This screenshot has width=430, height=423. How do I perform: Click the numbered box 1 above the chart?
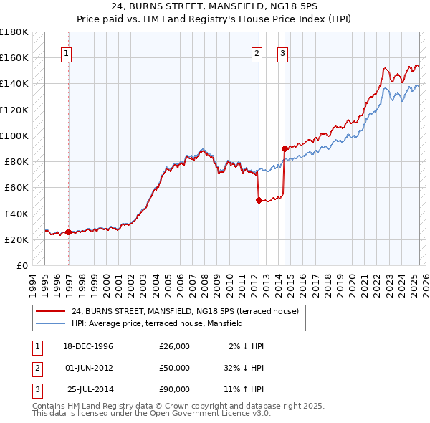tap(65, 52)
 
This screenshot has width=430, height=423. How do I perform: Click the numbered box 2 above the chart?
tap(257, 52)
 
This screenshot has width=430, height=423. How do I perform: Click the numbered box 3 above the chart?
tap(282, 52)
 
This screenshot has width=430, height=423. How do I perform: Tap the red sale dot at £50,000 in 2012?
tap(259, 201)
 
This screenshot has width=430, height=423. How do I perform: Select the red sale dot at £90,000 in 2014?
tap(285, 148)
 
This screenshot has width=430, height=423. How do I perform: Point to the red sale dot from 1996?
tap(69, 232)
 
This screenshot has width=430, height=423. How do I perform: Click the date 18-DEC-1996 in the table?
tap(88, 346)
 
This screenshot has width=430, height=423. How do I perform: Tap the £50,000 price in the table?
tap(174, 368)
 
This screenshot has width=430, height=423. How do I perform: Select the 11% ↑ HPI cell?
tap(244, 389)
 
